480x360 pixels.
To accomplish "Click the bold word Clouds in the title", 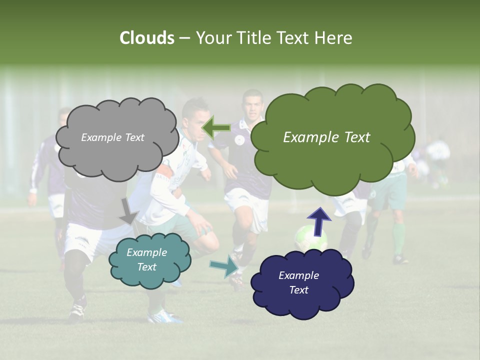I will click(146, 38).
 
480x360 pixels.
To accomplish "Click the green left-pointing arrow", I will click(216, 127).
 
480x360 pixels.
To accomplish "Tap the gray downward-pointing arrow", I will click(128, 210).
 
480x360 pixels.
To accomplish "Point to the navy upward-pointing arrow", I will click(318, 220).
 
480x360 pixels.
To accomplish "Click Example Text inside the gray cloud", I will click(112, 137).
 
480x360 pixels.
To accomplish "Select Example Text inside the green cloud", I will click(326, 137).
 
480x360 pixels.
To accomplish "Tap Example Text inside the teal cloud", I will click(146, 260).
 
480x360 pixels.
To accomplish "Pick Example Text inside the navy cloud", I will click(298, 283).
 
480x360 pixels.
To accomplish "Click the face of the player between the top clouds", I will click(253, 106).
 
